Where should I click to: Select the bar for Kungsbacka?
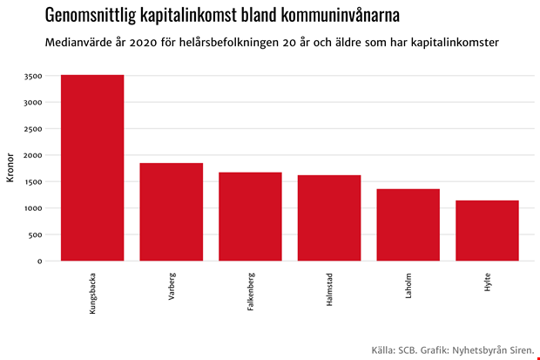(x=92, y=167)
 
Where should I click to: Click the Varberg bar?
(x=171, y=212)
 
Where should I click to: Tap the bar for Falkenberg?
(x=250, y=216)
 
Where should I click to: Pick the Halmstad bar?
(x=329, y=218)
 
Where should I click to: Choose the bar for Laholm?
(x=408, y=225)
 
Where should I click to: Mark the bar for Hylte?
(x=487, y=230)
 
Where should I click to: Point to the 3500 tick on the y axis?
(x=32, y=76)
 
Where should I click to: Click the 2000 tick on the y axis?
(x=32, y=155)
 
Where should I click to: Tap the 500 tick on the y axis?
(x=35, y=234)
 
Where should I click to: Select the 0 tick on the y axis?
(x=39, y=262)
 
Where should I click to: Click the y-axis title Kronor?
(x=10, y=168)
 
